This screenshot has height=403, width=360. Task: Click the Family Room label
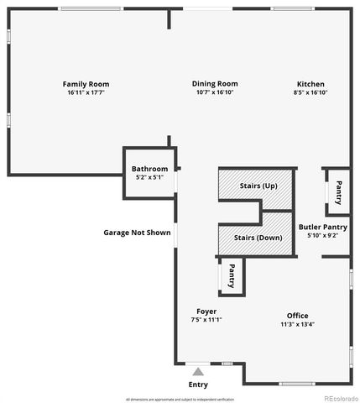[86, 84]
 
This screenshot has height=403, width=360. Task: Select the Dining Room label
[215, 84]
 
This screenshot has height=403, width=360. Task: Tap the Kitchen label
[310, 84]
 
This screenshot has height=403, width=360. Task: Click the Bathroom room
[150, 172]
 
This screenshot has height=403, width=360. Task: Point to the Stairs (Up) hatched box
[257, 186]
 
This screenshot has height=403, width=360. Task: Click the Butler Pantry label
[322, 227]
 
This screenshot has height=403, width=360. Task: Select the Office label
[298, 316]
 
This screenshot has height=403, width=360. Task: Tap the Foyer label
[206, 311]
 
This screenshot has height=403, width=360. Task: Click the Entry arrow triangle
[198, 369]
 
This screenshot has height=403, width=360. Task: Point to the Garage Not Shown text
[137, 233]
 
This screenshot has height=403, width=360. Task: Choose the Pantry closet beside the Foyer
[231, 275]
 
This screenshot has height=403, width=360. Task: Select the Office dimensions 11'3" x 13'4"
[298, 325]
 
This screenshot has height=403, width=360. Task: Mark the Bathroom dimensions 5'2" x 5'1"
[150, 177]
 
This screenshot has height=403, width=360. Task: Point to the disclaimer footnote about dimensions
[180, 399]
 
